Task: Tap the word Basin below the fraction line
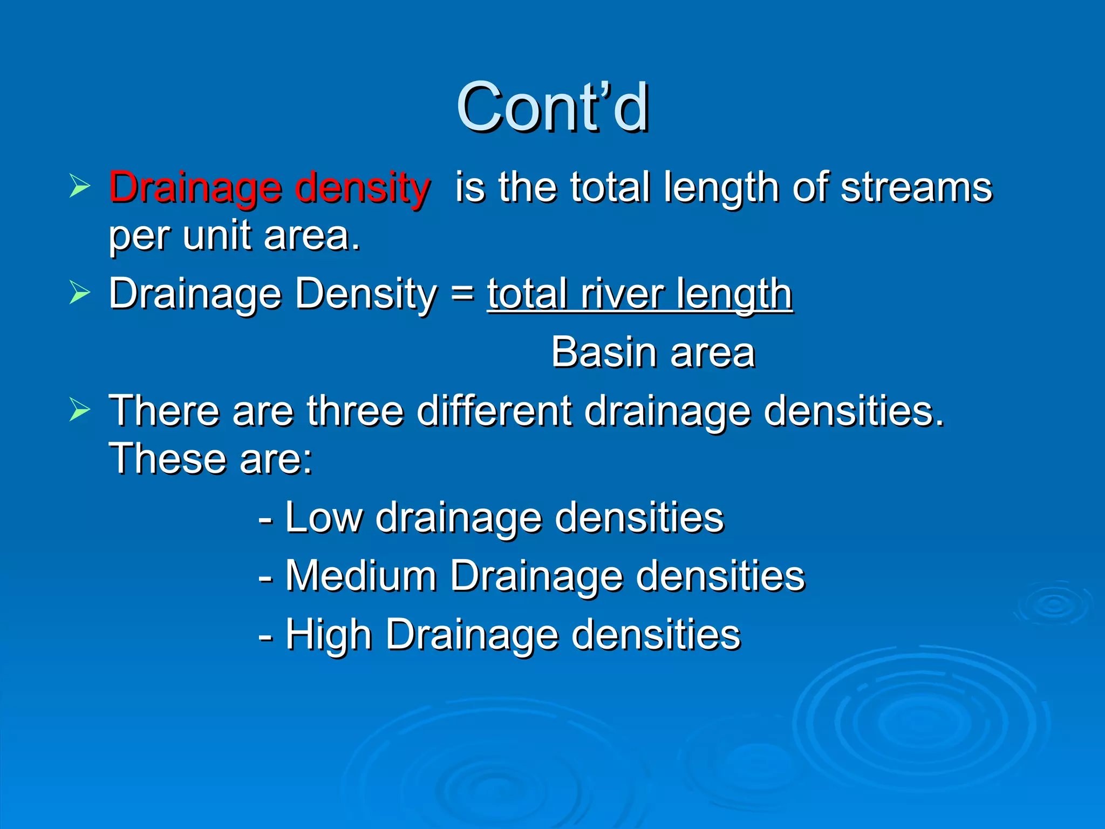click(604, 353)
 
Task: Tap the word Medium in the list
click(360, 576)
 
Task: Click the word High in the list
click(329, 635)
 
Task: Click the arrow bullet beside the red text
click(80, 186)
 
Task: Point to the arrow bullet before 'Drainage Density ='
click(80, 293)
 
